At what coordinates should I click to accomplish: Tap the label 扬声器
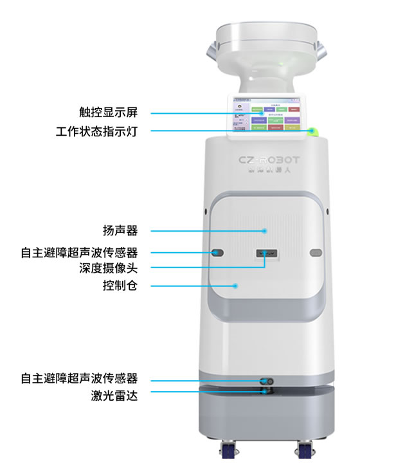pyautogui.click(x=120, y=230)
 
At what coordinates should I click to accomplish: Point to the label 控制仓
pyautogui.click(x=120, y=284)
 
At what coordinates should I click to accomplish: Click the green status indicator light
pyautogui.click(x=313, y=132)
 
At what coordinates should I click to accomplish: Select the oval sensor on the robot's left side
pyautogui.click(x=217, y=252)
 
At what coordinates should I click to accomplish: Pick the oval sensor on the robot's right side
pyautogui.click(x=315, y=252)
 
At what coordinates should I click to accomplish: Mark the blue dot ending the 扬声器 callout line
pyautogui.click(x=264, y=230)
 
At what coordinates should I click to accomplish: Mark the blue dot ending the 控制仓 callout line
pyautogui.click(x=235, y=284)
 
